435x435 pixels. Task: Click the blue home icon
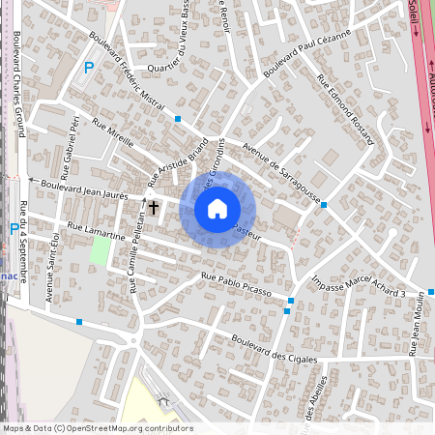pos(217,209)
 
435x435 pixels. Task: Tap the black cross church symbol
pos(153,207)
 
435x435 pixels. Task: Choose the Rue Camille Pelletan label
pos(132,255)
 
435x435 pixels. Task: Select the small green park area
pos(100,250)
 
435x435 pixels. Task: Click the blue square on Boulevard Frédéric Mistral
pos(178,119)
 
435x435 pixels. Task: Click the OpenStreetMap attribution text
pos(97,428)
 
